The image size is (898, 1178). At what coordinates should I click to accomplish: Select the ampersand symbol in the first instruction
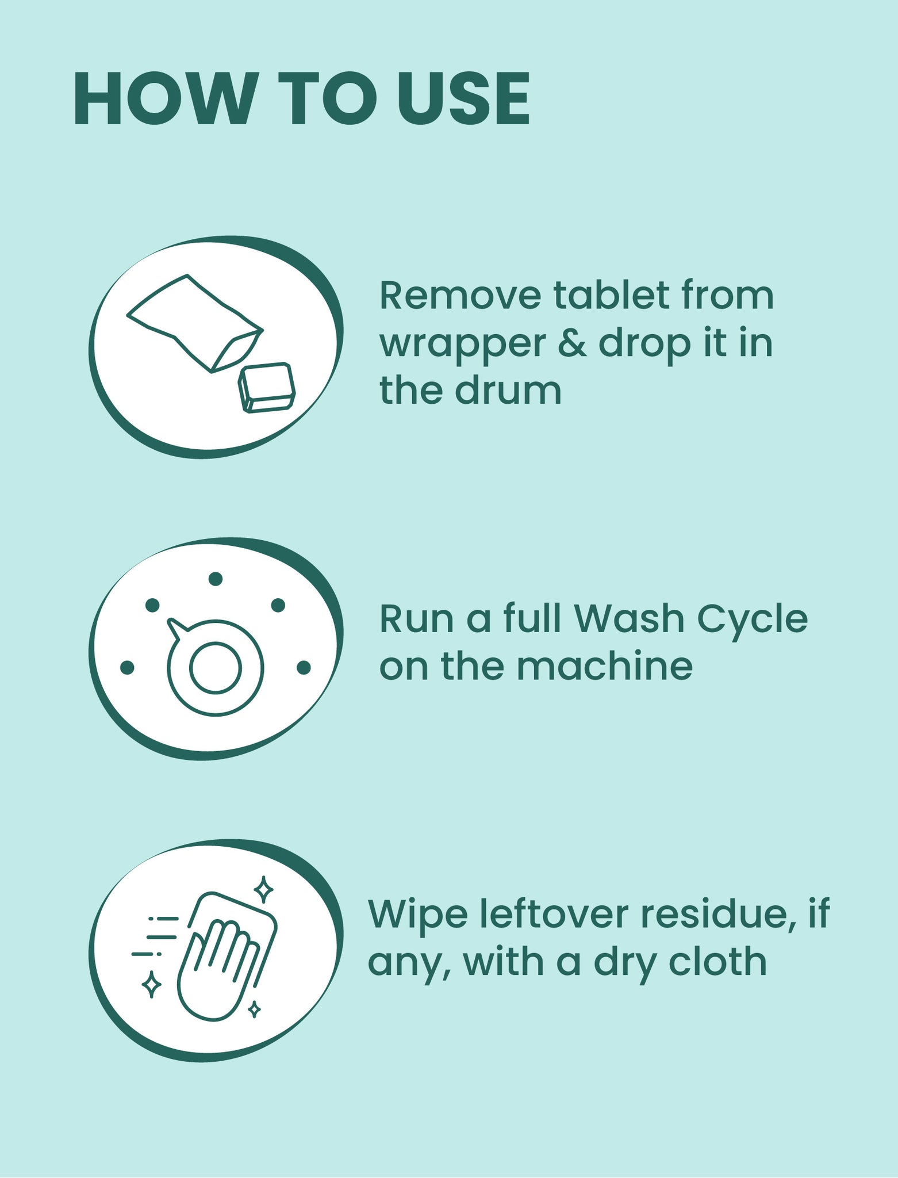click(572, 343)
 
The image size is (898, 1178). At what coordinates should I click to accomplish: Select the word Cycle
click(753, 620)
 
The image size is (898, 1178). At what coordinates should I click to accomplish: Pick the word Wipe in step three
click(417, 915)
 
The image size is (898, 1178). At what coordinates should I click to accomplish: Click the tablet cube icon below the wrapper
click(267, 388)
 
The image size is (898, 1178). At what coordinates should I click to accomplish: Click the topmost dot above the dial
click(216, 579)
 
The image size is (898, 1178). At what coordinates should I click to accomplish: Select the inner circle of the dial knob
click(216, 668)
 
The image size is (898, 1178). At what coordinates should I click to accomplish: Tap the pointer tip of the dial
click(171, 622)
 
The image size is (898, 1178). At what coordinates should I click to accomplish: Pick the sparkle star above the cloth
click(263, 890)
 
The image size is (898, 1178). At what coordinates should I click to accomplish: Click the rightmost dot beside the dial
click(304, 667)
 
